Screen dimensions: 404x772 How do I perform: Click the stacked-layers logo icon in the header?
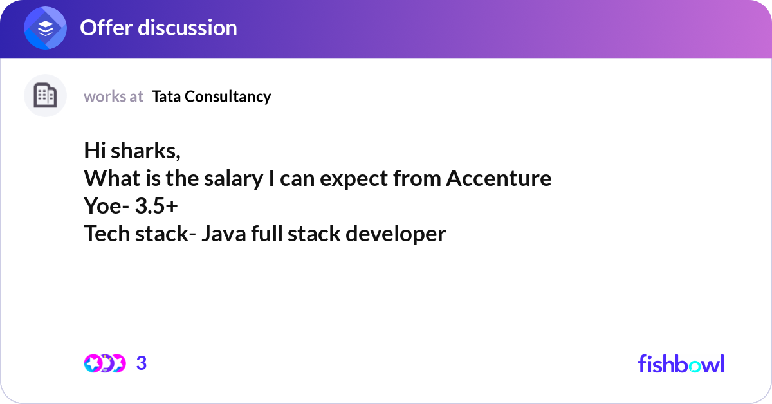tap(46, 28)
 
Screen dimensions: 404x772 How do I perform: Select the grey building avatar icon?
tap(45, 96)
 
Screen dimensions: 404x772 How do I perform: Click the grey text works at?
tap(113, 96)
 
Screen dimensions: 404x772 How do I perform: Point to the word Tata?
tap(167, 96)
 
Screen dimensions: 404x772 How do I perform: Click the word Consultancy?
tap(228, 96)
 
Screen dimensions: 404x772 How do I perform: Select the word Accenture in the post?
tap(499, 178)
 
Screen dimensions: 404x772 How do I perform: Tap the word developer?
tap(395, 234)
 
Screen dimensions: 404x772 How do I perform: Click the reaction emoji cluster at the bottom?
tap(105, 363)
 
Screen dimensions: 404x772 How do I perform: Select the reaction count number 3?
tap(142, 363)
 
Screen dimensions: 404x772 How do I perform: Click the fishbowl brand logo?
tap(681, 363)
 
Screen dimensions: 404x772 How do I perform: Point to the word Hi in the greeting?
tap(95, 151)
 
